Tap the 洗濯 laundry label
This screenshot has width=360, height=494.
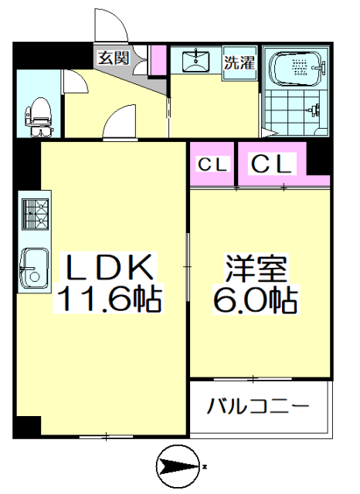pos(239,63)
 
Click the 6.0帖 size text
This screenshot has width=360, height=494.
pos(256,299)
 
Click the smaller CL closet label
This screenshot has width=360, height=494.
pos(212,164)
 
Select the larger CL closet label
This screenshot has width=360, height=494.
pos(271,164)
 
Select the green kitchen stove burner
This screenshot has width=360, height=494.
pos(33,215)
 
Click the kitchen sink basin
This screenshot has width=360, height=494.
pos(32,266)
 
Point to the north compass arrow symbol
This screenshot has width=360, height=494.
pos(179,466)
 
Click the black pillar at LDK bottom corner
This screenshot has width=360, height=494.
pos(29,425)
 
